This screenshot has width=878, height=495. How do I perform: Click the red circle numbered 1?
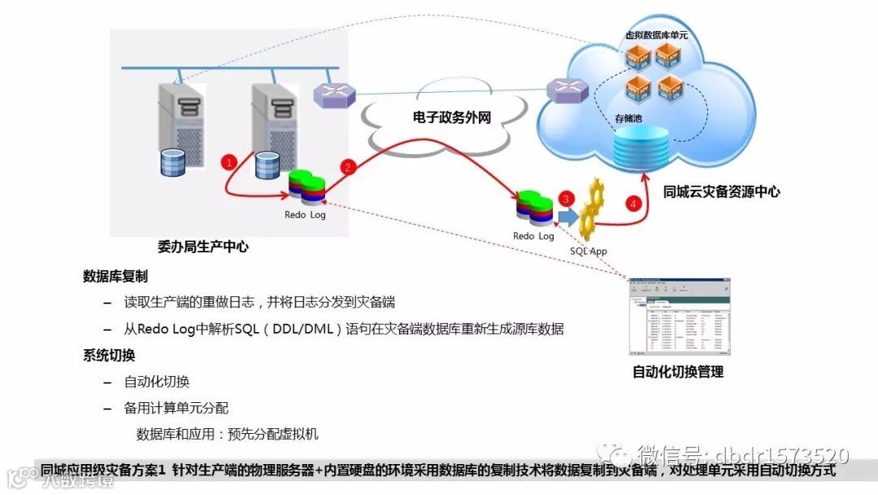tap(229, 162)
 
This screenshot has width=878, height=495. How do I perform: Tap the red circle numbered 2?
tap(349, 168)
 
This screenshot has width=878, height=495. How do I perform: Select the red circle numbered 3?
tap(567, 198)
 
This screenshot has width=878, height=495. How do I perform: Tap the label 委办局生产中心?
tap(202, 245)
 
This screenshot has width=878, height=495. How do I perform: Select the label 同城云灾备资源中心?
tap(721, 192)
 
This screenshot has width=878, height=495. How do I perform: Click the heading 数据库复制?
tap(115, 276)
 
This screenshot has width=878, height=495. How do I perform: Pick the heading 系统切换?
tap(108, 355)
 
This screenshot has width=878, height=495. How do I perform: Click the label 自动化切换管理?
tap(677, 372)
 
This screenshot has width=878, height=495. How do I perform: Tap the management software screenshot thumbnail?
tap(679, 318)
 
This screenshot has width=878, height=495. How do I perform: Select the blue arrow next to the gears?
tap(567, 217)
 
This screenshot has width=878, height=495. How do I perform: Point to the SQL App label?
tap(588, 251)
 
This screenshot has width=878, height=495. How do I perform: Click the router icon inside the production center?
tap(335, 94)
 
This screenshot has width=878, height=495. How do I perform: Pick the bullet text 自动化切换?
tap(157, 381)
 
